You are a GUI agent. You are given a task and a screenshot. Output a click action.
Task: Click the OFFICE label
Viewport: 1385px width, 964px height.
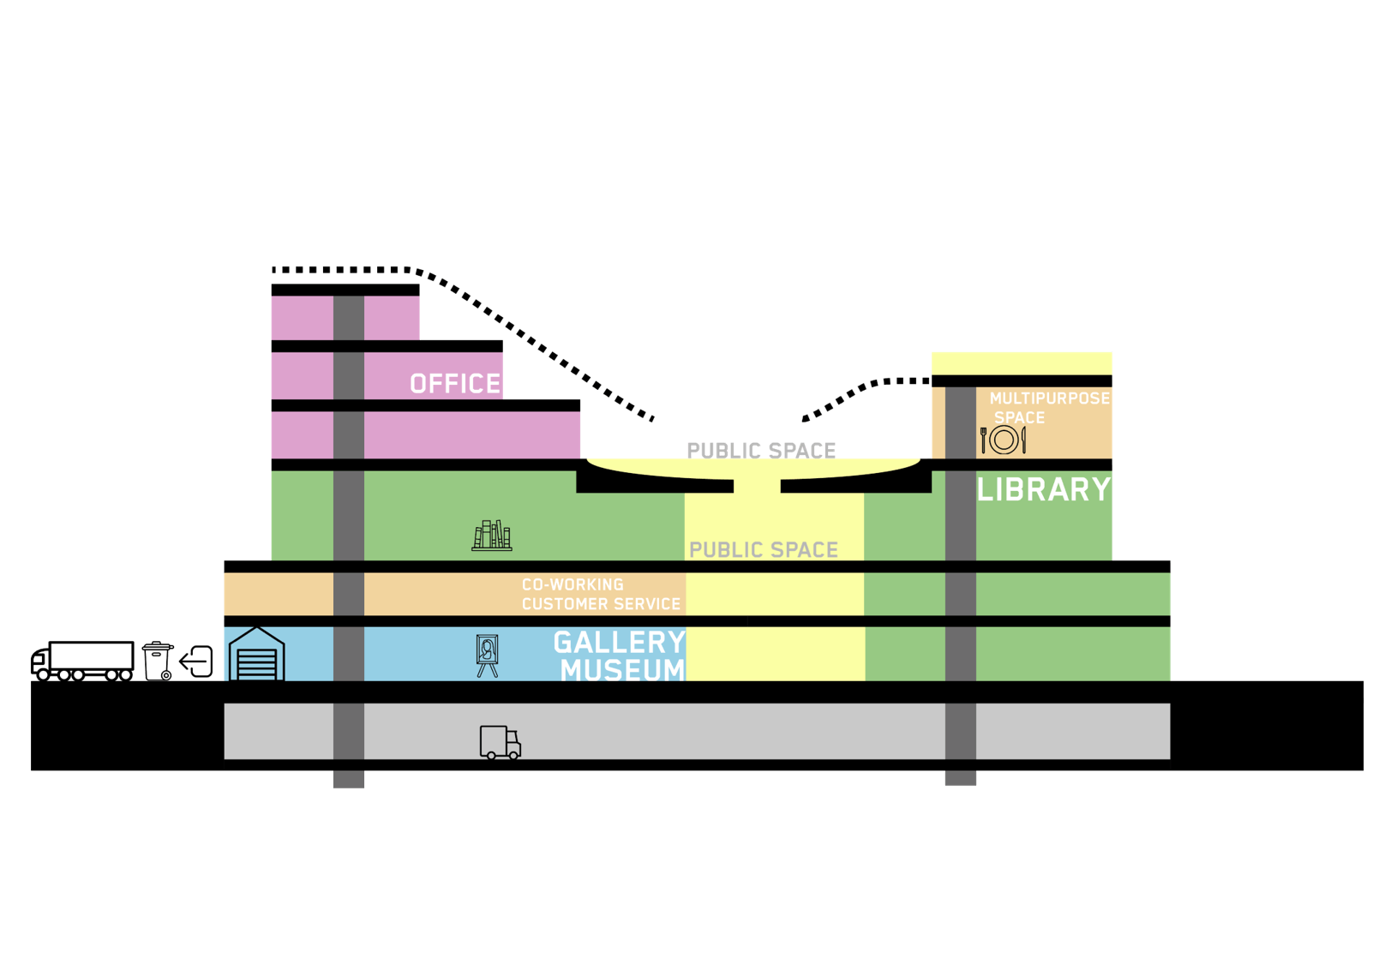click(x=455, y=384)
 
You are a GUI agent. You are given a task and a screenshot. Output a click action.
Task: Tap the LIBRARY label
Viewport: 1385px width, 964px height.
click(x=1044, y=490)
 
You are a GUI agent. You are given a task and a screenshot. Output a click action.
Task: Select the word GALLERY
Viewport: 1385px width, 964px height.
click(x=619, y=643)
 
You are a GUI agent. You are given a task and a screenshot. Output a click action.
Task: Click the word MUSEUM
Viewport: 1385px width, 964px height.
click(x=623, y=670)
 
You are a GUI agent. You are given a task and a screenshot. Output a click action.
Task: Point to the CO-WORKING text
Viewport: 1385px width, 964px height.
click(x=573, y=584)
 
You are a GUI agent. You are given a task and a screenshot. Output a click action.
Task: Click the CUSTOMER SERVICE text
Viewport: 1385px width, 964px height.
click(x=601, y=604)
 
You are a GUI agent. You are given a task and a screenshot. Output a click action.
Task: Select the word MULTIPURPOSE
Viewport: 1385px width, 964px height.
click(x=1049, y=398)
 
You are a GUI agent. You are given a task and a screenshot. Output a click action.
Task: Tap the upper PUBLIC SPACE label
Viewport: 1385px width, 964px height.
click(x=761, y=451)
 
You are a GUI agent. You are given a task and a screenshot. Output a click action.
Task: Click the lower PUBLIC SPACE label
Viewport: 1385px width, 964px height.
click(x=764, y=550)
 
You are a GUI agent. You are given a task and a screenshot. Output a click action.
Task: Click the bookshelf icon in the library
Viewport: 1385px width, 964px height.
click(x=492, y=536)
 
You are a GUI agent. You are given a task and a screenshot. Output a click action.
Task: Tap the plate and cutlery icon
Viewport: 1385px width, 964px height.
click(x=1003, y=440)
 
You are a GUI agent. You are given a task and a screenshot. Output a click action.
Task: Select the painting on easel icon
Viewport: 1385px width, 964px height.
click(x=487, y=656)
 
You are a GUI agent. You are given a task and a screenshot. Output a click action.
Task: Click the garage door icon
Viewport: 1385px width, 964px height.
click(x=256, y=655)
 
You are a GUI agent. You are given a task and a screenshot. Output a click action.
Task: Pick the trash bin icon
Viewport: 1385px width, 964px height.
click(x=158, y=661)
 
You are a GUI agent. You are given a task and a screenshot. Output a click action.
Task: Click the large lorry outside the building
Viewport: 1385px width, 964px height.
click(x=82, y=660)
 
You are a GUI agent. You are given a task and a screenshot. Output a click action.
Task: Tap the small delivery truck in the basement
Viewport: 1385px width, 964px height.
click(x=500, y=743)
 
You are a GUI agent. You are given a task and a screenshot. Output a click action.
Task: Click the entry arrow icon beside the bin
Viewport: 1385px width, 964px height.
click(x=197, y=662)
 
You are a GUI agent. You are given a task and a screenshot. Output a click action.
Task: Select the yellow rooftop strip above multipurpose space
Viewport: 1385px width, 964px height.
click(x=1022, y=363)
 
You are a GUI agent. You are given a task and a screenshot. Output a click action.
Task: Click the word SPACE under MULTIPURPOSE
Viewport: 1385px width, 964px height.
click(x=1019, y=418)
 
